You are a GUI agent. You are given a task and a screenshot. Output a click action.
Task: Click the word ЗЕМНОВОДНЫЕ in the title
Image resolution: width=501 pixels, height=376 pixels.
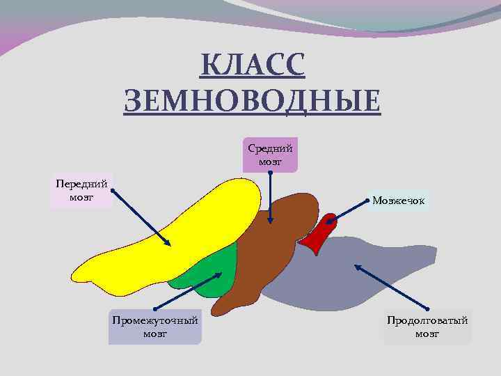point(252,101)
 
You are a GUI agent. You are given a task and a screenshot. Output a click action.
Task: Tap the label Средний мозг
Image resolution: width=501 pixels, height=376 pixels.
point(270,154)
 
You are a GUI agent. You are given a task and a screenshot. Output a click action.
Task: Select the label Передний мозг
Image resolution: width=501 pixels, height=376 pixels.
point(82,191)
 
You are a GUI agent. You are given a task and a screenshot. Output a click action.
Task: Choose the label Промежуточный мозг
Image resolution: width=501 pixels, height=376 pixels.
point(154,327)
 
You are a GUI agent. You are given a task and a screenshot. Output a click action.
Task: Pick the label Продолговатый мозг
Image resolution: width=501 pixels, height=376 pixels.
point(427,327)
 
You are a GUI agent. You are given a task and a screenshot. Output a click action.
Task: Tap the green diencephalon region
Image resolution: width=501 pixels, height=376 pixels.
point(212,272)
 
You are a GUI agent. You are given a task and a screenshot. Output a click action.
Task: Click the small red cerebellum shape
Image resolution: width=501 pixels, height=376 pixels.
point(317,237)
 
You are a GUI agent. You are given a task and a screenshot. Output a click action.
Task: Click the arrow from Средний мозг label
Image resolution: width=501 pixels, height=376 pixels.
point(270,198)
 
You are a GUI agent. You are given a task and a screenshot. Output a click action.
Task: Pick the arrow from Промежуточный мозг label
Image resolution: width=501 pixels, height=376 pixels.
point(184,292)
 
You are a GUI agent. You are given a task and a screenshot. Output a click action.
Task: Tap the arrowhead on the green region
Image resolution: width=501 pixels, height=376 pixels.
point(216,276)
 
